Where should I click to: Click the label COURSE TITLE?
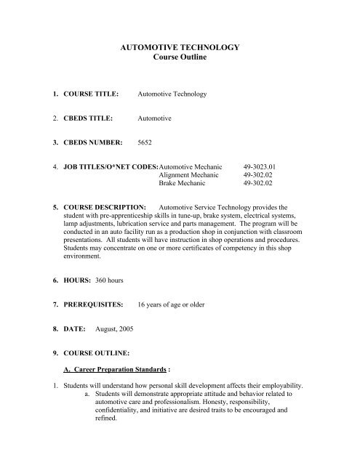point(90,94)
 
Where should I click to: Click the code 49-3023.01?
point(265,166)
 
